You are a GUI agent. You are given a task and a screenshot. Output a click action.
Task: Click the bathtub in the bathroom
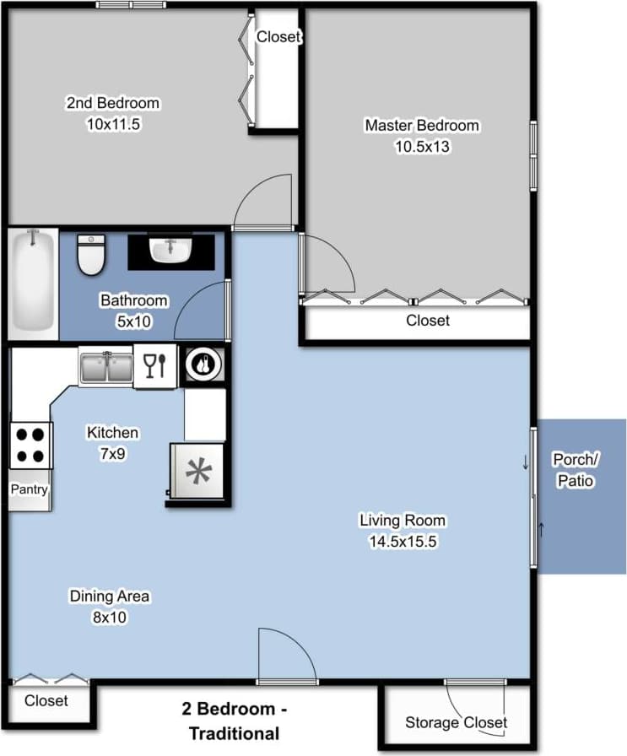pos(33,283)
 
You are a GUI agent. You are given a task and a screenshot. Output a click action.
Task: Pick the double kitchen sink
pos(105,367)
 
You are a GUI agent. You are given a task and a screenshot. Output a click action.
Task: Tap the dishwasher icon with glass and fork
pos(155,366)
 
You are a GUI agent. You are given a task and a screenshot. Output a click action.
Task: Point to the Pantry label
pos(30,489)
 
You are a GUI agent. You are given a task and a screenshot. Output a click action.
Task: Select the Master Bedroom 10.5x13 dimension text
pos(421,147)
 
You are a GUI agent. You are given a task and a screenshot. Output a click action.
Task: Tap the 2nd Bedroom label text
pos(113,103)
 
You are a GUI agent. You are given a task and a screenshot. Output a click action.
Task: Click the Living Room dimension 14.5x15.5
pos(402,543)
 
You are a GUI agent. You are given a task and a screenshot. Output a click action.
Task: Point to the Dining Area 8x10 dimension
pos(109,617)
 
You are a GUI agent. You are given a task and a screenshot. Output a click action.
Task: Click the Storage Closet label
pos(456,722)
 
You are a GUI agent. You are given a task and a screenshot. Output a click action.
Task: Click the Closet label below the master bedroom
pos(428,321)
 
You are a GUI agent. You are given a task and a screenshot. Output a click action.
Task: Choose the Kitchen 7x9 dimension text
pos(112,453)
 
